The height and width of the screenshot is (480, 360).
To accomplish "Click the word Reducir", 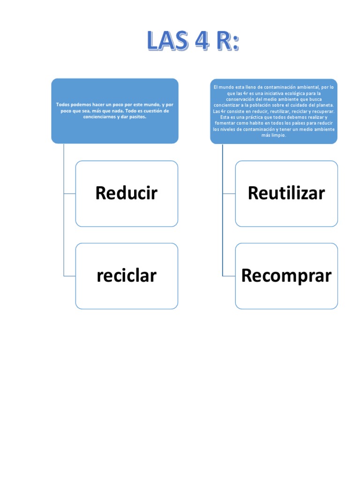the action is [x=126, y=193].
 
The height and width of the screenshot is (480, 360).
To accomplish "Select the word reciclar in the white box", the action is [x=126, y=276].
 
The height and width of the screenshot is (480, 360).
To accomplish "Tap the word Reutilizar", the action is [x=286, y=193].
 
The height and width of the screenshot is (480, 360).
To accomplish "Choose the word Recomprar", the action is [x=286, y=276].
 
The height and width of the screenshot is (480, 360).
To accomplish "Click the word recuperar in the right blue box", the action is [x=322, y=111].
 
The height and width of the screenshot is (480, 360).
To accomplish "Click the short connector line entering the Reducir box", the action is [x=69, y=193].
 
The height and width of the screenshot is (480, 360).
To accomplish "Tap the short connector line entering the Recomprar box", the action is [x=229, y=276].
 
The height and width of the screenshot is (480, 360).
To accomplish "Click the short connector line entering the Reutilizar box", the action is [x=229, y=193].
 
